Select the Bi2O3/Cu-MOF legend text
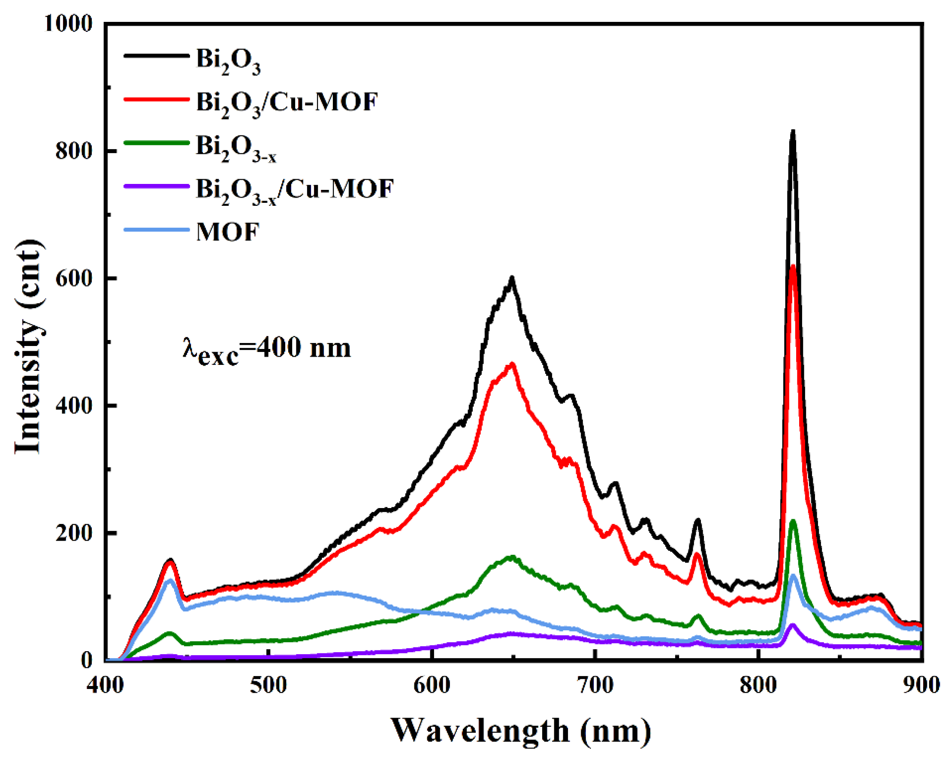tap(287, 104)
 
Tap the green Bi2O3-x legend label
tap(236, 148)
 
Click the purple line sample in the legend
tap(157, 186)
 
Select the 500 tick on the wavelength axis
tap(268, 686)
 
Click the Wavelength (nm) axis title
tap(521, 731)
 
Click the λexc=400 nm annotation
tap(266, 350)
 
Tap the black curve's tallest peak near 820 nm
tap(793, 132)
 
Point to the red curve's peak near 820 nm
tap(793, 267)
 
